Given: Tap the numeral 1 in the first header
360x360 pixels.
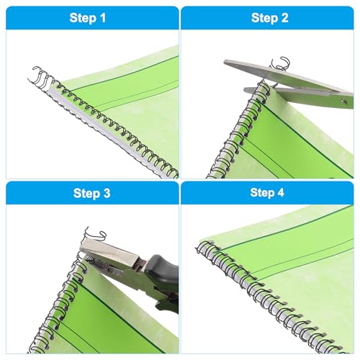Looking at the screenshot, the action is click(102, 18).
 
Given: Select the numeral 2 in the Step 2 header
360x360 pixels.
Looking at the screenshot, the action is click(284, 18).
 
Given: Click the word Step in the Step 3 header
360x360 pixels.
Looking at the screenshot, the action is click(85, 193).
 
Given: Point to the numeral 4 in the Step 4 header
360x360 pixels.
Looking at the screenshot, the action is click(280, 193).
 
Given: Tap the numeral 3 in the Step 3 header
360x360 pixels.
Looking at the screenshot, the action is click(106, 193).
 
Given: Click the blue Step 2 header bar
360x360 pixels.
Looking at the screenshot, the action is click(267, 18).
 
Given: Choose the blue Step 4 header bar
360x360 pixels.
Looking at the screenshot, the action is click(267, 193).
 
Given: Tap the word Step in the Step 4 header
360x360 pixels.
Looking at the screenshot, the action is click(261, 193).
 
